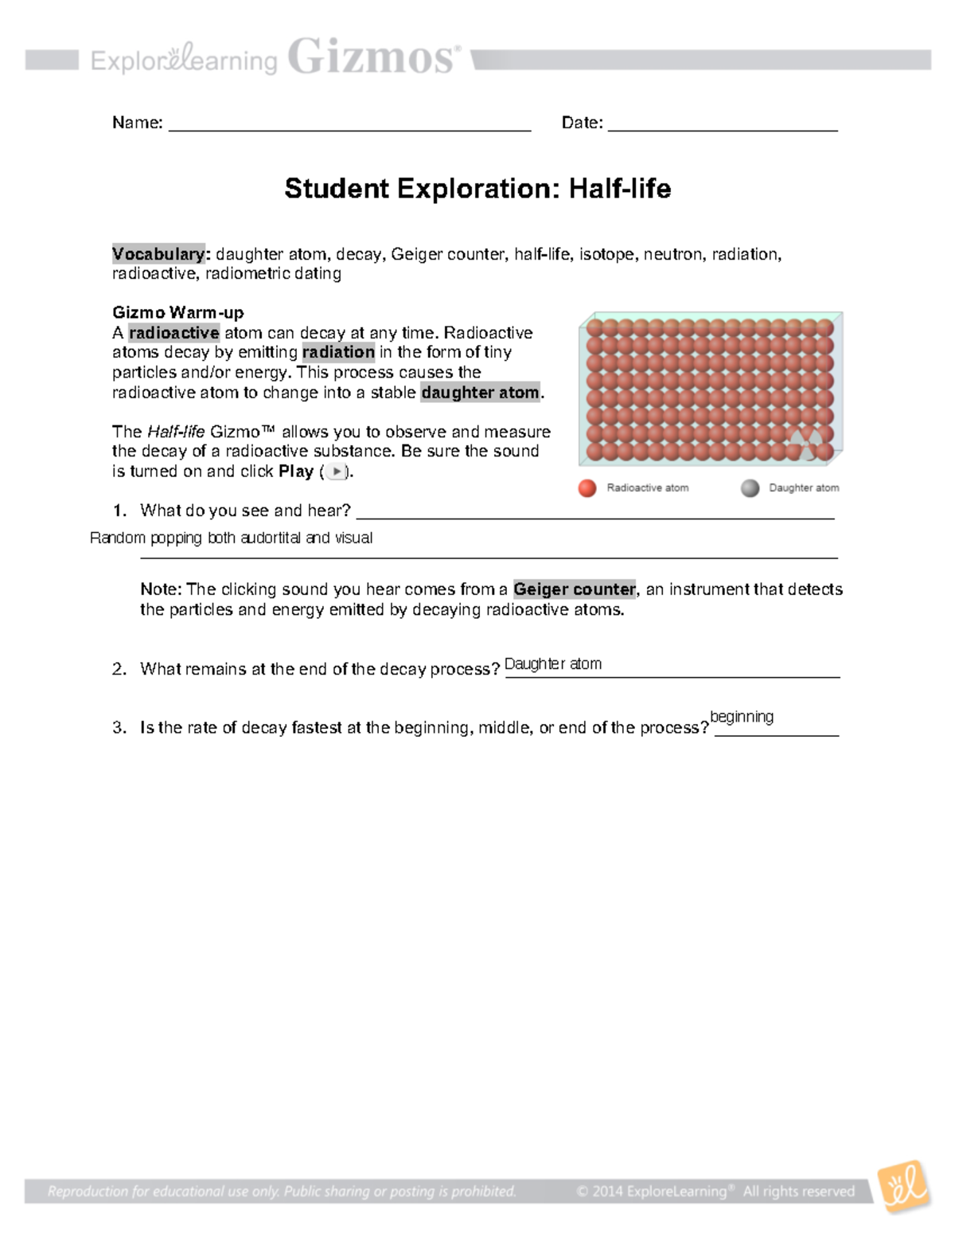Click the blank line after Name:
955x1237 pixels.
[349, 126]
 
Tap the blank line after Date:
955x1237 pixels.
[722, 126]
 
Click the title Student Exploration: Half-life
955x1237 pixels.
[477, 189]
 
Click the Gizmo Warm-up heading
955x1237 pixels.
[177, 312]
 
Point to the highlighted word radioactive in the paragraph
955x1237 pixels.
[173, 333]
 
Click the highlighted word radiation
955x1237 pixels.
[338, 352]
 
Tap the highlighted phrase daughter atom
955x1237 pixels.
[480, 393]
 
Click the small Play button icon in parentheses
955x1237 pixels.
[337, 472]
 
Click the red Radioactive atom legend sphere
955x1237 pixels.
[587, 488]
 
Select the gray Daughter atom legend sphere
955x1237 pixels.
[750, 488]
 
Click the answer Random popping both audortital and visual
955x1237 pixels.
[231, 538]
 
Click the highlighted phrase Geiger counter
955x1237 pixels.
[574, 589]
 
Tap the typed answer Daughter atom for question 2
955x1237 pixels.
[553, 664]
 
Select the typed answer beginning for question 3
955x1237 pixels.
[741, 717]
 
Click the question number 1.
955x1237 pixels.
[119, 511]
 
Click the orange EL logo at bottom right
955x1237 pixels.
[903, 1187]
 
